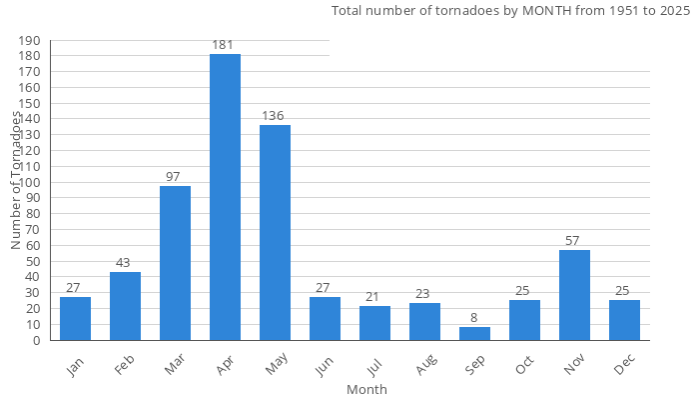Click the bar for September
[474, 334]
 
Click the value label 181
[225, 45]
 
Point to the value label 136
[273, 116]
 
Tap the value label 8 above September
[474, 318]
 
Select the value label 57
[574, 241]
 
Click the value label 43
[123, 263]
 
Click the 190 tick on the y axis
[30, 41]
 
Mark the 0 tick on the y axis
[37, 340]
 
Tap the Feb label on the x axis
[124, 366]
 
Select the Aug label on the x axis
[423, 366]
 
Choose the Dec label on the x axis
[624, 366]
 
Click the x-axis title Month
[366, 389]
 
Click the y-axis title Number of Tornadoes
[16, 180]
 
